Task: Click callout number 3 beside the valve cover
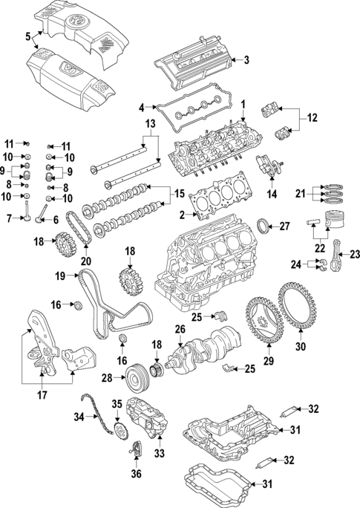tap(246, 60)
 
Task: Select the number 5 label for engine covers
tap(27, 35)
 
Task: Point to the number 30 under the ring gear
tap(301, 346)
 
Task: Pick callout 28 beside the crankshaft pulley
tap(107, 378)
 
